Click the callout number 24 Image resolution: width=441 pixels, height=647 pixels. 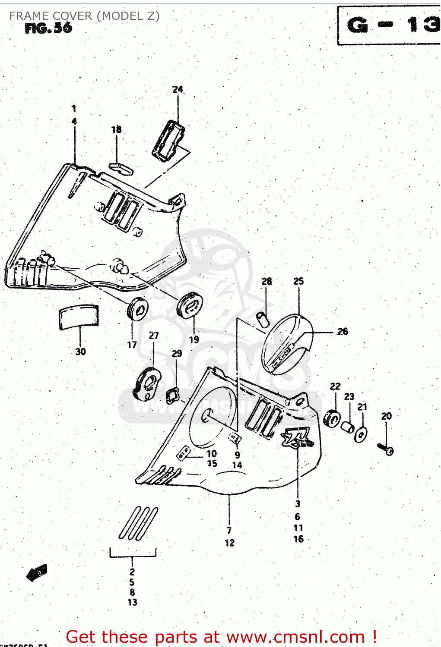[178, 90]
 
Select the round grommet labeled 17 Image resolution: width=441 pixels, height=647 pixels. [137, 309]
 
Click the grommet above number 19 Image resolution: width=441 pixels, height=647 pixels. [190, 305]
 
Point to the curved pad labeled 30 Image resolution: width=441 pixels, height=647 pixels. [79, 317]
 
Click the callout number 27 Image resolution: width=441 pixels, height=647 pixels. [154, 336]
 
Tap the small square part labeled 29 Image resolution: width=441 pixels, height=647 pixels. [173, 395]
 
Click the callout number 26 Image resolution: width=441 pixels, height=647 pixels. [343, 331]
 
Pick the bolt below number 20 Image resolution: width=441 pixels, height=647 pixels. [386, 449]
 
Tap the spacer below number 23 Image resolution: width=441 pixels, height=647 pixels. [348, 427]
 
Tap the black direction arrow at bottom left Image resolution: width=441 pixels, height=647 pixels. [37, 573]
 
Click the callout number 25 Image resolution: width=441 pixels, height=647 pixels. [298, 281]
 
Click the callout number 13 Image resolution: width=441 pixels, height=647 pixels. [132, 602]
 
